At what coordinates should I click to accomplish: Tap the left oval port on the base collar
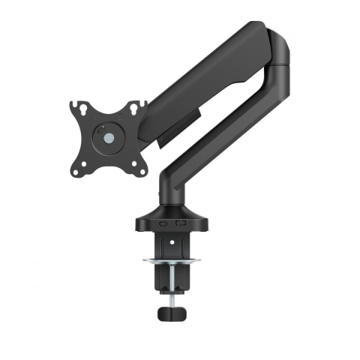click(163, 223)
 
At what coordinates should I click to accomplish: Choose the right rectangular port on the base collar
click(179, 223)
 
